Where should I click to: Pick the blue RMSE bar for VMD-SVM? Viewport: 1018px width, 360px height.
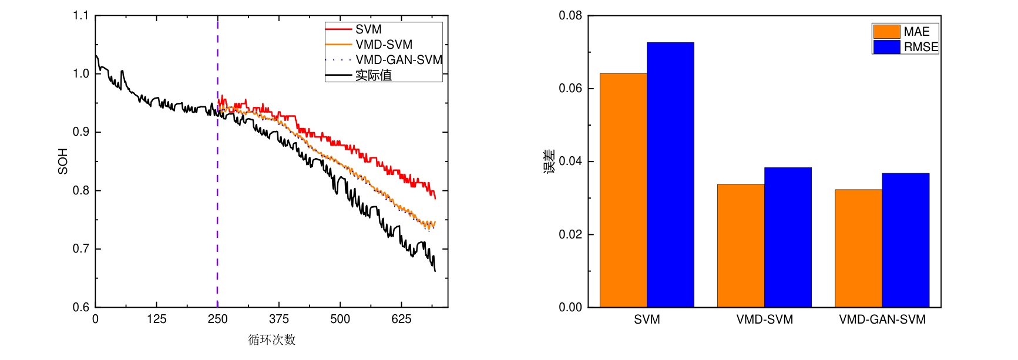coord(788,237)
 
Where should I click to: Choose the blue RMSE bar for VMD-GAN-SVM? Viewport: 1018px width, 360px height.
coord(905,240)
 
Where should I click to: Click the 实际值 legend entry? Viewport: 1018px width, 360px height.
coord(374,75)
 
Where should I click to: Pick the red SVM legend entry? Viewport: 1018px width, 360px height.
coord(368,29)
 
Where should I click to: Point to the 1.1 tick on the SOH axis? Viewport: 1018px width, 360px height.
coord(80,16)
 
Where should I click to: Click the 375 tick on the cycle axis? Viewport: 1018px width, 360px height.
coord(278,319)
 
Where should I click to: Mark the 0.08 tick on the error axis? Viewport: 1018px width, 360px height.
coord(570,16)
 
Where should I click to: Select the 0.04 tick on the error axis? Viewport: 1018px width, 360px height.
coord(570,162)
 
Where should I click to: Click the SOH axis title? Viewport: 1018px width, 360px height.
coord(63,162)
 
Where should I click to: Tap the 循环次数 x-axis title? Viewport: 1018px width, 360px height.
coord(271,340)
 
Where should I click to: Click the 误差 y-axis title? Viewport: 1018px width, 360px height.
coord(549,162)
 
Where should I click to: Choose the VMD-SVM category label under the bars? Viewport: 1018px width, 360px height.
coord(764,319)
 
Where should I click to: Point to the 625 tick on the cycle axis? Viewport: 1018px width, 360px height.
coord(401,319)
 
